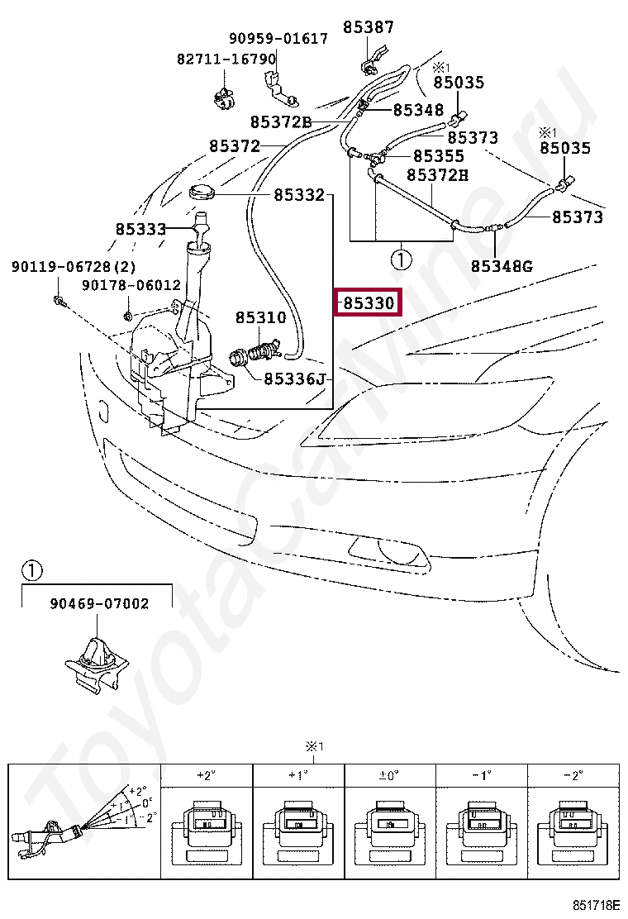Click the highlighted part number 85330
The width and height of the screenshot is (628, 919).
click(368, 303)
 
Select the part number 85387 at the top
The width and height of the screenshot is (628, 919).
click(369, 27)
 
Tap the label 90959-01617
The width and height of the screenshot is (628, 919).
click(278, 39)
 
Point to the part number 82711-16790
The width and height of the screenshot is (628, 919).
click(226, 60)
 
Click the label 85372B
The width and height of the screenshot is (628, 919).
click(280, 122)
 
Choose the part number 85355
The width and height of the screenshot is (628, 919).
click(438, 155)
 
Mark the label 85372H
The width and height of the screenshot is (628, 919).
click(437, 175)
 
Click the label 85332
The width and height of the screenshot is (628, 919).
click(299, 195)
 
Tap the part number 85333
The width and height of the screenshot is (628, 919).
click(140, 229)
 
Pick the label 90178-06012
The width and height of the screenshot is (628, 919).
click(131, 285)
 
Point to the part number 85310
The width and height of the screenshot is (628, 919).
click(260, 317)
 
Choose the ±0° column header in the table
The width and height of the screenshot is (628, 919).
click(388, 776)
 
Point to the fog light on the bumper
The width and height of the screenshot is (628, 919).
click(388, 549)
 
